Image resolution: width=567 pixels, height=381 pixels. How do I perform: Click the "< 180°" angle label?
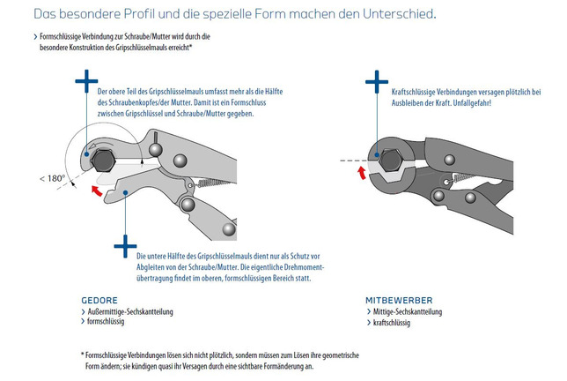(53, 177)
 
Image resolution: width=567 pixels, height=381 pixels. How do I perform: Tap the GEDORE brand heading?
(99, 299)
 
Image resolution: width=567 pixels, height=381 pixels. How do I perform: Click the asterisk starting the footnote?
(82, 355)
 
